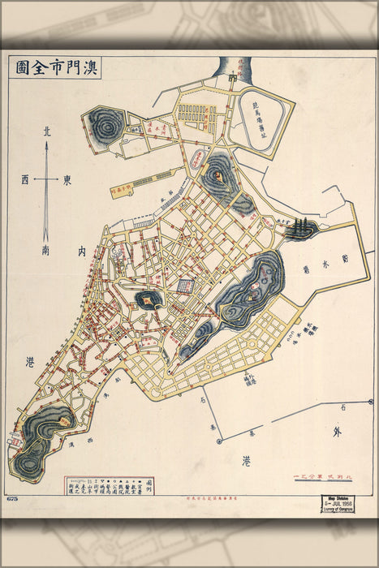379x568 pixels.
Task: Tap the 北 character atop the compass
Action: tap(46, 131)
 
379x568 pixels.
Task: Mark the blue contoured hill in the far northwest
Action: tap(106, 125)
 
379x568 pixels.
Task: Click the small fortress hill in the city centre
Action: tap(149, 299)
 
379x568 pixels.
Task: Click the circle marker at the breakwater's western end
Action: tap(219, 441)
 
